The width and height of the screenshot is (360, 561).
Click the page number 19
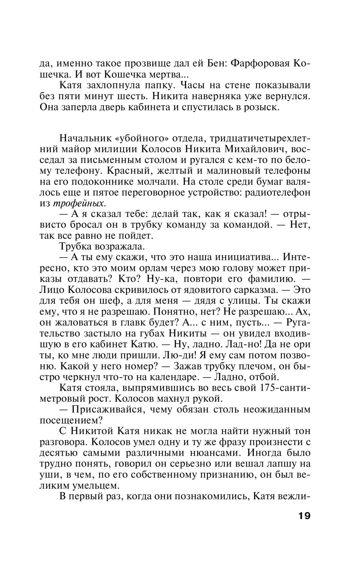[304, 515]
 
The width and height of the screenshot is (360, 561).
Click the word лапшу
[279, 463]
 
